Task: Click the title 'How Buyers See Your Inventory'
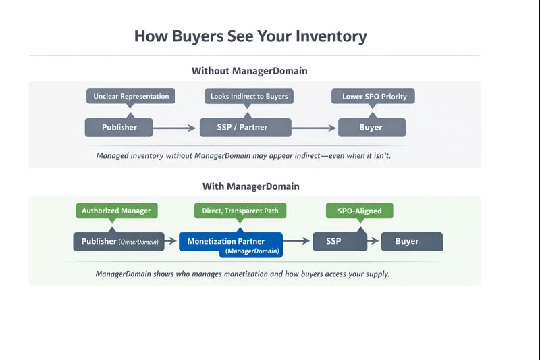(x=250, y=36)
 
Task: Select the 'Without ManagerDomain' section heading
(x=254, y=71)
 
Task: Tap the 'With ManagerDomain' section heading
(x=251, y=186)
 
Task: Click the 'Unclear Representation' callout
(x=131, y=96)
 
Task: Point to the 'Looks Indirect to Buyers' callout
(x=249, y=96)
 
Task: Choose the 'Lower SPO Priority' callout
(x=374, y=96)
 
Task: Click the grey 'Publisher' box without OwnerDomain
(x=119, y=127)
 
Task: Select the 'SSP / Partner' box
(x=245, y=127)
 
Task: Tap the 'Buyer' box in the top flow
(x=371, y=127)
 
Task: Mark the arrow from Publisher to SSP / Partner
(x=176, y=127)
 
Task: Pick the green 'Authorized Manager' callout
(x=116, y=211)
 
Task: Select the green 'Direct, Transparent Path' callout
(x=240, y=211)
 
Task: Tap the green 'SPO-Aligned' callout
(x=359, y=211)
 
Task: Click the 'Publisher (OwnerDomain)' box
(x=120, y=241)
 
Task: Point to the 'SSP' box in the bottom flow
(x=334, y=241)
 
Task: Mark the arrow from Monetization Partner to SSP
(x=298, y=241)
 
